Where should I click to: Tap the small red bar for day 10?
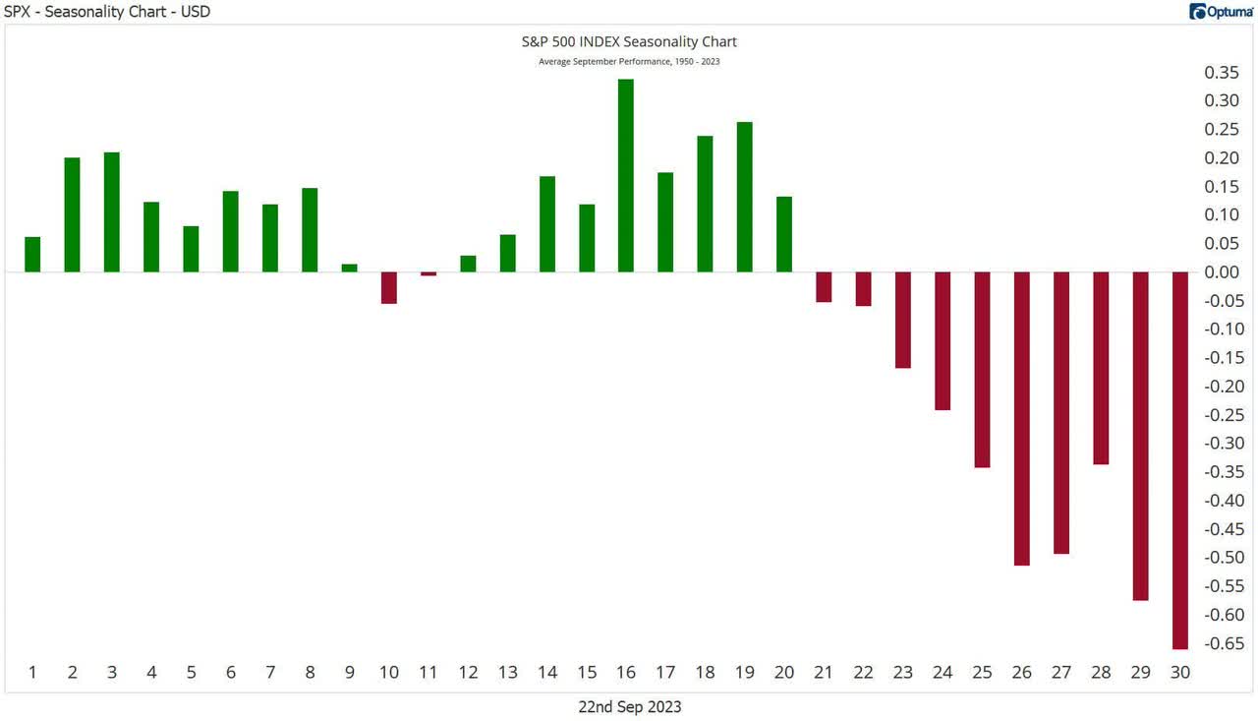pyautogui.click(x=388, y=287)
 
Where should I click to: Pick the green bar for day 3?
pyautogui.click(x=112, y=212)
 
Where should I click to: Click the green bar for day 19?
pyautogui.click(x=744, y=197)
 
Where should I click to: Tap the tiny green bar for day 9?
pyautogui.click(x=349, y=268)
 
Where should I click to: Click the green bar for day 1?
pyautogui.click(x=32, y=255)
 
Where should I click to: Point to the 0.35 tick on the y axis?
pyautogui.click(x=1222, y=73)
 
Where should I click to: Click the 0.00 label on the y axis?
pyautogui.click(x=1222, y=272)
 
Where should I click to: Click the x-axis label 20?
pyautogui.click(x=783, y=673)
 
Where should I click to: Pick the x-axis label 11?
pyautogui.click(x=428, y=673)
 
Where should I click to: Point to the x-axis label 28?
pyautogui.click(x=1101, y=673)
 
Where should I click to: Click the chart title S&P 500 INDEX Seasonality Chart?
pyautogui.click(x=628, y=42)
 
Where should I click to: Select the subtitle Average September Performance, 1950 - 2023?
pyautogui.click(x=629, y=62)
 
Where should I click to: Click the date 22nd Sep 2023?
pyautogui.click(x=630, y=706)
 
